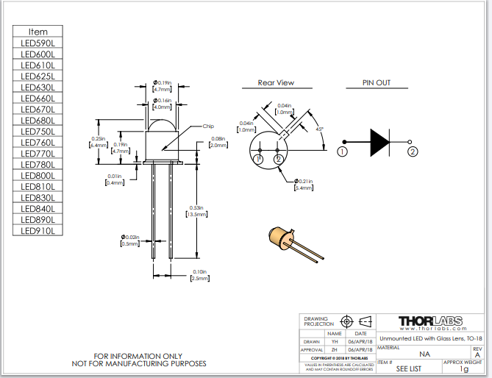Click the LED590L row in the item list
pyautogui.click(x=38, y=43)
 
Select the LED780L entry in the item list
pyautogui.click(x=38, y=165)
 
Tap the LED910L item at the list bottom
pyautogui.click(x=38, y=231)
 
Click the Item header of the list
pyautogui.click(x=38, y=32)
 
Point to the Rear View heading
pyautogui.click(x=276, y=83)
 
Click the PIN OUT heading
pyautogui.click(x=377, y=83)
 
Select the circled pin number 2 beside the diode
pyautogui.click(x=413, y=152)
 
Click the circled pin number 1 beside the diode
pyautogui.click(x=342, y=152)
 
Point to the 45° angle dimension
pyautogui.click(x=320, y=129)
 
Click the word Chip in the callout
pyautogui.click(x=208, y=126)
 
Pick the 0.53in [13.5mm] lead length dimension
pyautogui.click(x=196, y=210)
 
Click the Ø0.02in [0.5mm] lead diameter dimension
pyautogui.click(x=130, y=240)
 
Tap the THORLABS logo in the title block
pyautogui.click(x=430, y=321)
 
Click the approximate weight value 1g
pyautogui.click(x=463, y=369)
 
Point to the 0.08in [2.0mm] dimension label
pyautogui.click(x=218, y=142)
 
